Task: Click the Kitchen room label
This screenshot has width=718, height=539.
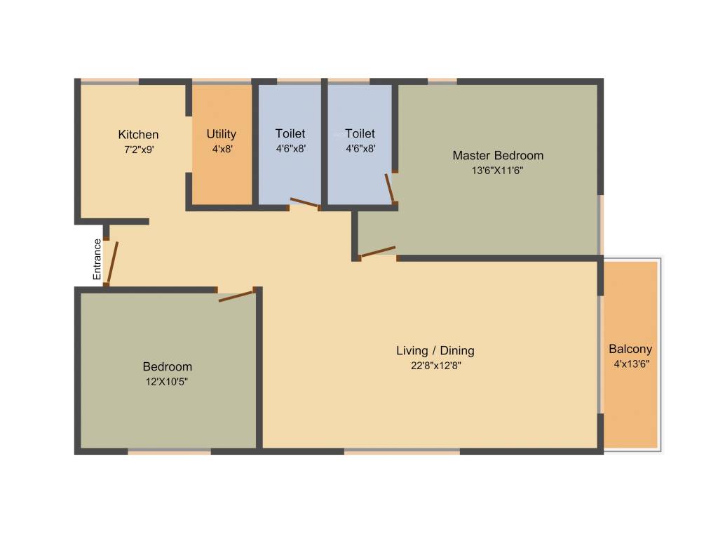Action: (x=138, y=135)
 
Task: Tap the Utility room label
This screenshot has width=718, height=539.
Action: (x=221, y=134)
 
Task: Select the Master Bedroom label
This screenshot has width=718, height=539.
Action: (x=497, y=156)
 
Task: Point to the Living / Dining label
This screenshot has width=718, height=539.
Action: (x=435, y=351)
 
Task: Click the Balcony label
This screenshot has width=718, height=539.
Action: (x=630, y=349)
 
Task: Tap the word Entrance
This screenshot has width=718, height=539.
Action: (x=97, y=260)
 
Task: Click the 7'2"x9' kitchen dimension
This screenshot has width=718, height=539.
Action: (x=139, y=149)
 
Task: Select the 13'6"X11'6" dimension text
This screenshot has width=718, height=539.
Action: (x=497, y=171)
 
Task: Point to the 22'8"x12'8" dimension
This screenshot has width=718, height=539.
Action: (x=435, y=365)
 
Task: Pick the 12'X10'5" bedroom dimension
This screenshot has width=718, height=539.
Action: (x=167, y=381)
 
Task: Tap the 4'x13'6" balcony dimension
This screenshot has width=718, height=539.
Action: (x=630, y=364)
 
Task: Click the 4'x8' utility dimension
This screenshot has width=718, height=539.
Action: (x=221, y=149)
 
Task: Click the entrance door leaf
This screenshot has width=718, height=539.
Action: (x=112, y=263)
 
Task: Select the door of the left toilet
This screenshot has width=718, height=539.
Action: (x=304, y=203)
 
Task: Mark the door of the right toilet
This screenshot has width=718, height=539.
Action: (x=390, y=188)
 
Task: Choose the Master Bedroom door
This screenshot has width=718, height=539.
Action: (x=377, y=252)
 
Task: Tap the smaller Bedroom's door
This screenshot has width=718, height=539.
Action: (x=236, y=296)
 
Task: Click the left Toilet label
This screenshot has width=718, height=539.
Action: (x=290, y=133)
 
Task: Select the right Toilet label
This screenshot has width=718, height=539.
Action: (x=360, y=133)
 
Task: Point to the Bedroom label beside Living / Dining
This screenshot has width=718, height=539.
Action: (x=167, y=366)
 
